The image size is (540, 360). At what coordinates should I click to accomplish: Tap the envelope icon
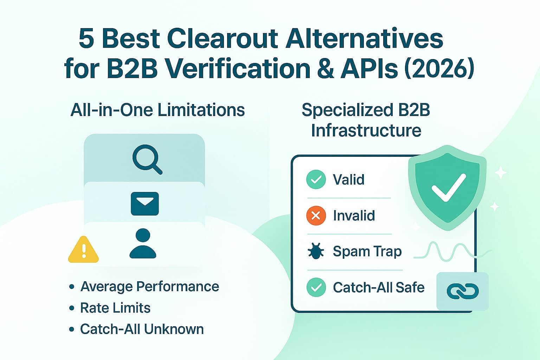point(144,204)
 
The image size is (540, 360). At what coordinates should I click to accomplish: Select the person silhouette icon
point(143,243)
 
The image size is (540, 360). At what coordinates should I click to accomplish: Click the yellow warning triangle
point(83,250)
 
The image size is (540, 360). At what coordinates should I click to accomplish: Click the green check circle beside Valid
point(316,180)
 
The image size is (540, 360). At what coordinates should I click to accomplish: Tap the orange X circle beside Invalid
point(316,216)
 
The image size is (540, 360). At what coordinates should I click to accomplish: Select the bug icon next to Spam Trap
point(316,252)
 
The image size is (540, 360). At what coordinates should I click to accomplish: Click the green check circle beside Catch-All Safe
point(316,287)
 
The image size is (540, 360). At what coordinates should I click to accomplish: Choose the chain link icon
point(462,291)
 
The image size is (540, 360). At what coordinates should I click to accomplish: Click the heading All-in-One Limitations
point(157,110)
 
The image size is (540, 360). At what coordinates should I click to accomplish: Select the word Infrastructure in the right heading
point(366,130)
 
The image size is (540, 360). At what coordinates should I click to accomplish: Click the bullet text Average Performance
point(150,287)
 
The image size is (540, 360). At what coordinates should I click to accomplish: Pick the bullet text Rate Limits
point(115,308)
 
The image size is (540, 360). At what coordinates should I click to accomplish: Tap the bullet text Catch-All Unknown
point(142,329)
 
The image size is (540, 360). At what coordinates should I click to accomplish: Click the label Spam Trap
point(367,252)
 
